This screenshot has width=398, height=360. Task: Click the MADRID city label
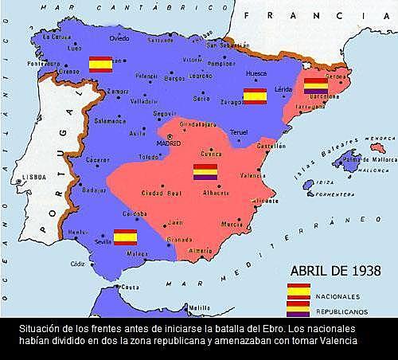pos(169,143)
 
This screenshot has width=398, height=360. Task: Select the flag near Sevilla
pos(125,237)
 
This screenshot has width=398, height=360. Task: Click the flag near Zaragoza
pos(254,96)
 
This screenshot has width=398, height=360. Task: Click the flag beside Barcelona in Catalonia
pos(316,86)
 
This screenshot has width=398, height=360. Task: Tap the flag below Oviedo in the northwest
pos(100,64)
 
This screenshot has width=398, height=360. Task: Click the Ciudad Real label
pos(160,193)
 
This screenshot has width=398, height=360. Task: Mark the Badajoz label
pos(94,190)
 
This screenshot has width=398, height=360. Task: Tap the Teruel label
pos(239,132)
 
